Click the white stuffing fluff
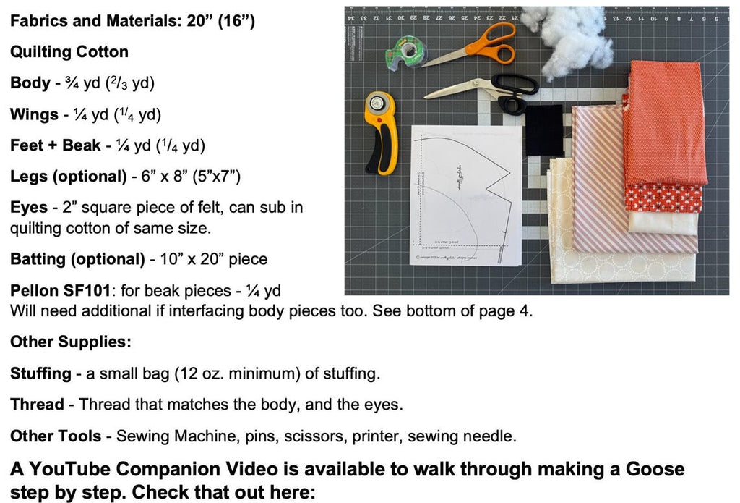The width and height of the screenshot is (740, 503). [567, 40]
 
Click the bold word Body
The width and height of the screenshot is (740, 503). [30, 83]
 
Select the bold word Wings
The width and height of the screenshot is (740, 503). [34, 114]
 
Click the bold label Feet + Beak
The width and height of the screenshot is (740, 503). [56, 145]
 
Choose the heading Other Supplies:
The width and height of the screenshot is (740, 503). [69, 342]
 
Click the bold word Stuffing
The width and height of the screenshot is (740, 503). [40, 373]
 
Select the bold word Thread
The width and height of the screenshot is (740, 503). [37, 405]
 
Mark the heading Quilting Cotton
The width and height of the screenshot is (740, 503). [69, 51]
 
